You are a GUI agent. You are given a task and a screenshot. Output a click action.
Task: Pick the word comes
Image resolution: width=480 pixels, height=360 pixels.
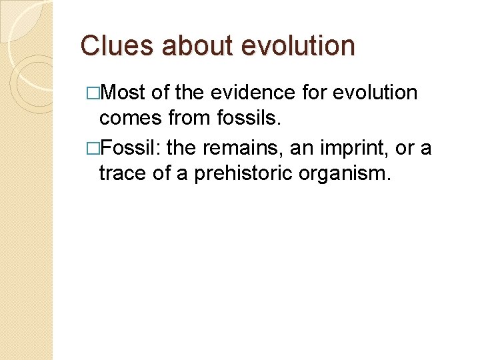pyautogui.click(x=129, y=119)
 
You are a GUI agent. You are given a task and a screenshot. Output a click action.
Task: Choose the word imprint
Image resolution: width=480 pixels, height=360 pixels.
pyautogui.click(x=353, y=147)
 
